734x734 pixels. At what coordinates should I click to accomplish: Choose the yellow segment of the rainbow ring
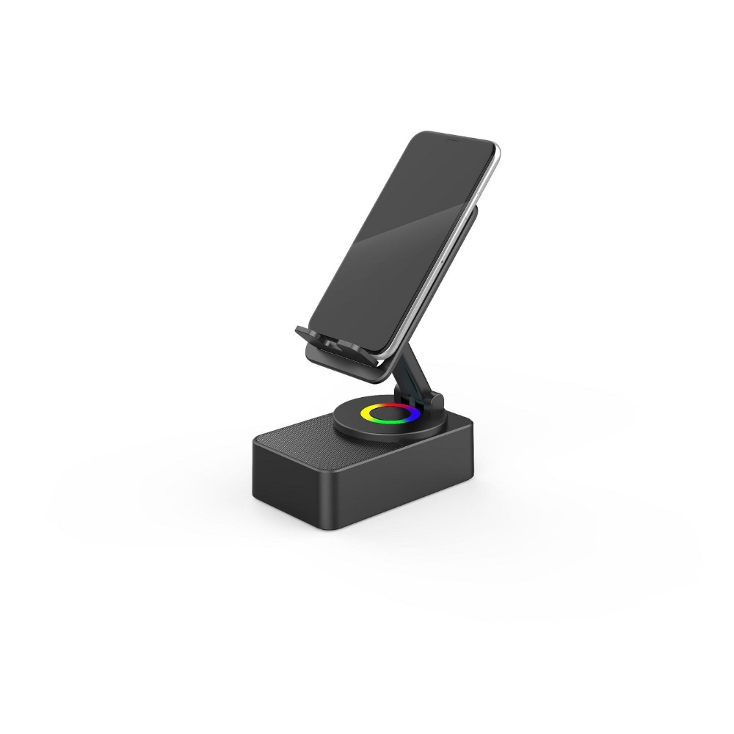point(366,414)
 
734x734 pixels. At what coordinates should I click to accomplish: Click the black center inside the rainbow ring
point(390,414)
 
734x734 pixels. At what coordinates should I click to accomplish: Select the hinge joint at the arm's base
point(433,401)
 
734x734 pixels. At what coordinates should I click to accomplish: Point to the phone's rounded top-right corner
point(493,147)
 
